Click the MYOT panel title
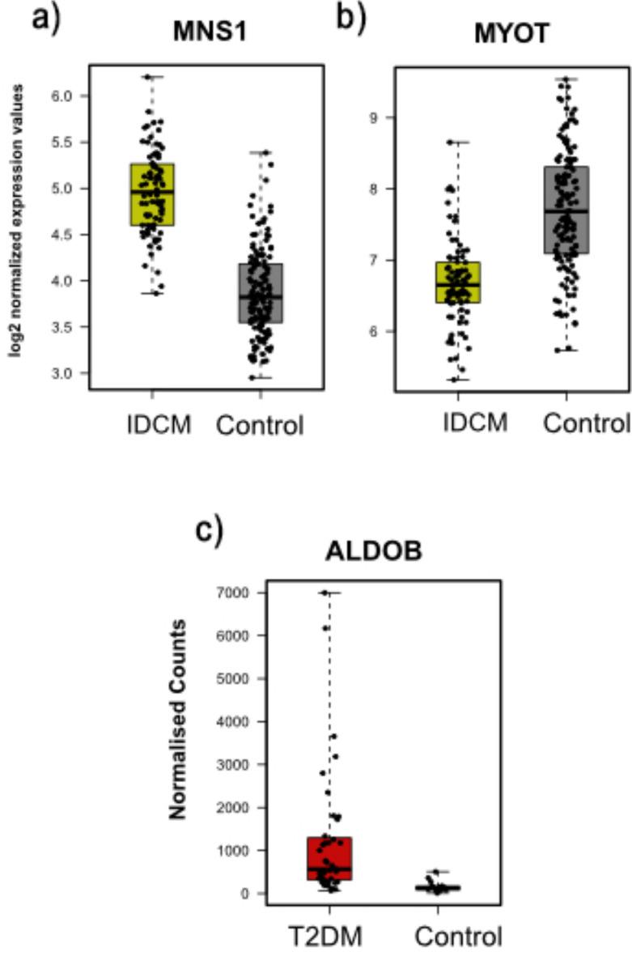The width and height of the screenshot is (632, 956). point(512,34)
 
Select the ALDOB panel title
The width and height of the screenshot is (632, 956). point(374,551)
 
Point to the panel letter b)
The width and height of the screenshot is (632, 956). point(350,18)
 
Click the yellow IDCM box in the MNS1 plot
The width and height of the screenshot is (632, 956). point(152,194)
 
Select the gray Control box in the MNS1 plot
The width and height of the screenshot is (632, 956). point(260,293)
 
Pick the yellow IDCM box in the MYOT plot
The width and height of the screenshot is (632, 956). point(458,283)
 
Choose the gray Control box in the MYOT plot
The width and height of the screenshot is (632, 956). point(566,210)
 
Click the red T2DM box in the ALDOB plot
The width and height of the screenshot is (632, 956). point(329,858)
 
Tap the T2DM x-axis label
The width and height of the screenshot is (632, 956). point(326,937)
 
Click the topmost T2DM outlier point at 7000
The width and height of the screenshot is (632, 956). point(324,593)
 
